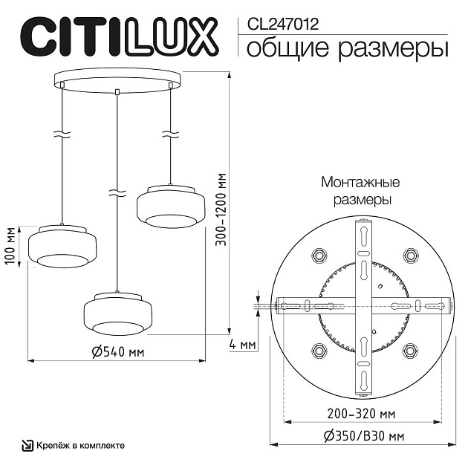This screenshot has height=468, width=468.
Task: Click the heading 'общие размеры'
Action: coord(346,49)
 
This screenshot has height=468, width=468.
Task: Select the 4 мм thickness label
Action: coord(243,345)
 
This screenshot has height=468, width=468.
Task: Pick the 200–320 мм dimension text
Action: coord(362,413)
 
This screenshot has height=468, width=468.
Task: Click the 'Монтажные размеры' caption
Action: coord(360,191)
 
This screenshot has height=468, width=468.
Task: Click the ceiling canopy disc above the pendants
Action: coord(117,79)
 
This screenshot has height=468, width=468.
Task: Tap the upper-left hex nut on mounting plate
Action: coord(320,255)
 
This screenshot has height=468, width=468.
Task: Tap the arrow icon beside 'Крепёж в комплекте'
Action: coord(26,446)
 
